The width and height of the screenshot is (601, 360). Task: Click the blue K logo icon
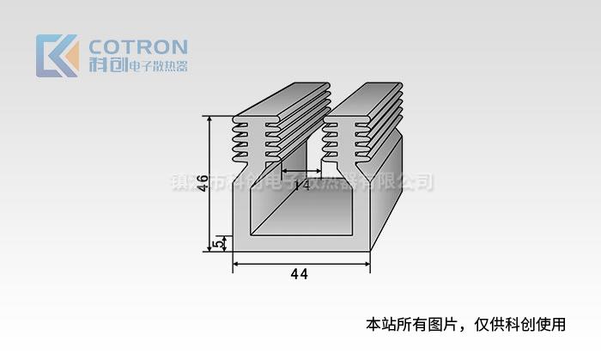point(53,56)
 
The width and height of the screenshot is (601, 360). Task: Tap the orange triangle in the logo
point(70,62)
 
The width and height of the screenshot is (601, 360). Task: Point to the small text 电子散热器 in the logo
point(156,66)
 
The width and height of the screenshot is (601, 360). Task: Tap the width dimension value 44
point(300,274)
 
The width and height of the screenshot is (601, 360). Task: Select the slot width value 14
point(301,185)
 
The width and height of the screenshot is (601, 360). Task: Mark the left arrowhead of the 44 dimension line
point(236,265)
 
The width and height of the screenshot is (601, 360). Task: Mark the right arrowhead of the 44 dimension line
point(367,265)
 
